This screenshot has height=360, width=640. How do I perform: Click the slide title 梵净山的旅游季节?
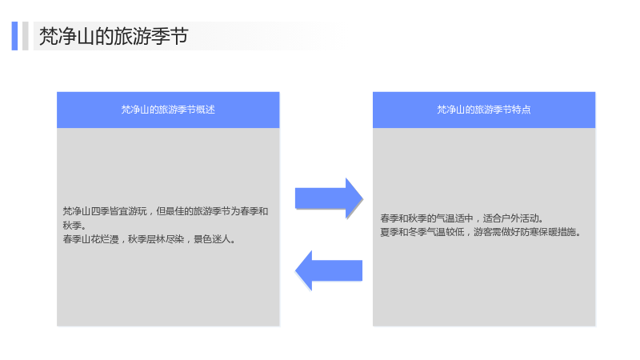tap(114, 36)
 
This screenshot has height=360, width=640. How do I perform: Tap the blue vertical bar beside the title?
tap(14, 36)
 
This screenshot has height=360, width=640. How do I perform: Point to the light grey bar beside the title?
tap(26, 36)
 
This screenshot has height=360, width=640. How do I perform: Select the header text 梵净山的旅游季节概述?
tap(168, 110)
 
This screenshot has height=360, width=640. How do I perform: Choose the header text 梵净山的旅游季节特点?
tap(484, 110)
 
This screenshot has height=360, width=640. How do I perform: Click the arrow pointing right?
tap(329, 198)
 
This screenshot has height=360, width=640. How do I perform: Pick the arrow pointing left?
tap(329, 270)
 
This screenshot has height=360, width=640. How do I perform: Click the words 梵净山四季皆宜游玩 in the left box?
tap(105, 211)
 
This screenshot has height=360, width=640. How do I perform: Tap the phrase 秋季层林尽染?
tap(156, 239)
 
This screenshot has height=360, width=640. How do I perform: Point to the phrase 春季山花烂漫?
tap(90, 239)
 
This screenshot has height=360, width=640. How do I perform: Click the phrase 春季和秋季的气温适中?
tap(426, 218)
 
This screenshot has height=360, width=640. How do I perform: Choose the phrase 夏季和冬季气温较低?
tap(422, 232)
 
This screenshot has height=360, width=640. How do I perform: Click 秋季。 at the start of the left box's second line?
tap(74, 226)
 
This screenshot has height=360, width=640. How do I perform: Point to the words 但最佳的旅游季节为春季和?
tap(212, 211)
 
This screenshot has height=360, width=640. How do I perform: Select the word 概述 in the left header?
tap(206, 110)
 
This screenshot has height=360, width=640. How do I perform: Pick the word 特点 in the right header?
tap(522, 110)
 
